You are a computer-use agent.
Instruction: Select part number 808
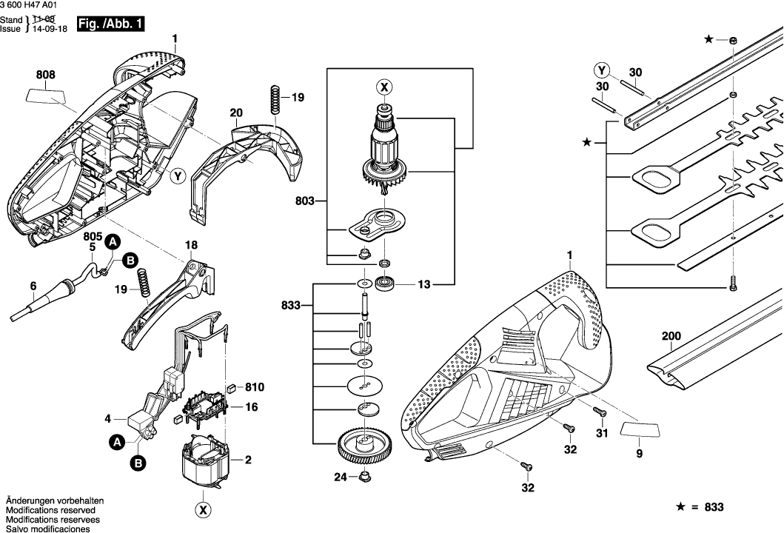(x=46, y=74)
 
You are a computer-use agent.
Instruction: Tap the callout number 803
(x=304, y=200)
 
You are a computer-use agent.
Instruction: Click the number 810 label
(x=255, y=387)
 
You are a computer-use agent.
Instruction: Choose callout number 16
(x=252, y=407)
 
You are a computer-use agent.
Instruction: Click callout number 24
(x=340, y=477)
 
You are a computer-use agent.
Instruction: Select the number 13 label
(x=423, y=283)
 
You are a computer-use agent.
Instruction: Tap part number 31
(x=602, y=433)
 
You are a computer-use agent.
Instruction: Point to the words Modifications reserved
(x=50, y=510)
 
